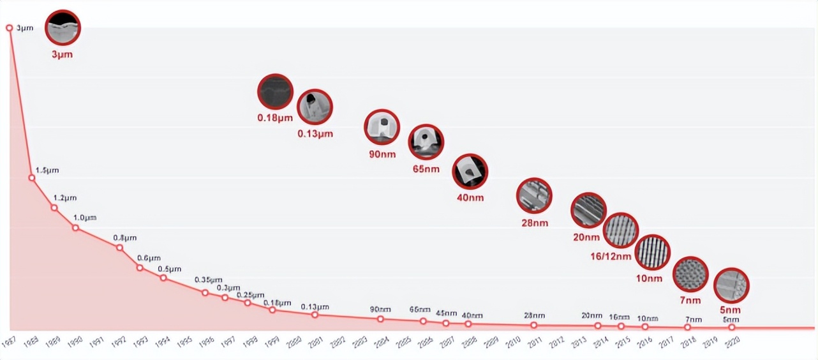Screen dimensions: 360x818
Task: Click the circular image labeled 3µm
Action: [63, 28]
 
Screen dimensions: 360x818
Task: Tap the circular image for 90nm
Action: [382, 128]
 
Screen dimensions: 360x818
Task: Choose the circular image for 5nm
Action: [731, 285]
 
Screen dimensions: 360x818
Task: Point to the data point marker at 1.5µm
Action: [32, 177]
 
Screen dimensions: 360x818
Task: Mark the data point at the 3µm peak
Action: [9, 27]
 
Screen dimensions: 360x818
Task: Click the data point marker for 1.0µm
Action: [75, 228]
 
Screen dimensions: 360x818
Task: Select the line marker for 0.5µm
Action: [163, 278]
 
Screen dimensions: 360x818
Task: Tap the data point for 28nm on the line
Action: [533, 325]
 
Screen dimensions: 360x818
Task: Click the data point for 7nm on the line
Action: [687, 327]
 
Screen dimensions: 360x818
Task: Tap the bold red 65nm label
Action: [426, 169]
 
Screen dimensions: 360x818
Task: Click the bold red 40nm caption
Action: [470, 197]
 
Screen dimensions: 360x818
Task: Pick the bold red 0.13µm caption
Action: [315, 134]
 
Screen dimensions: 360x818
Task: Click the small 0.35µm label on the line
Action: [209, 280]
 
